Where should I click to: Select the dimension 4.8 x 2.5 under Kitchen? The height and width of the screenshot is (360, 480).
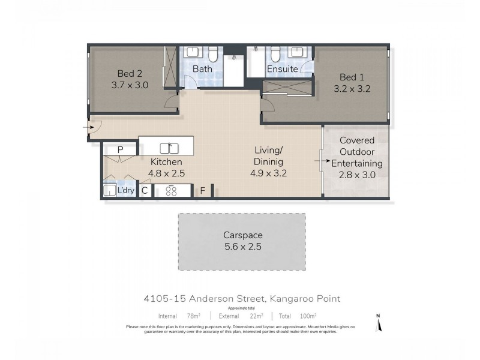166,173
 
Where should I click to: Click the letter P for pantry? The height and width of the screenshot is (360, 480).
120,149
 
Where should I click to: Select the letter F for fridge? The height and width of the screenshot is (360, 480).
203,191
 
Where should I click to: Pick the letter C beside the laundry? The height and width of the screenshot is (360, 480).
145,191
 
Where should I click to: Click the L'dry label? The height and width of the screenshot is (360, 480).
126,191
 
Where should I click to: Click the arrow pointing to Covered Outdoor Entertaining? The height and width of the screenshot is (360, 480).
318,161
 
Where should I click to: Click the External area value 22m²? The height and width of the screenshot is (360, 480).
257,316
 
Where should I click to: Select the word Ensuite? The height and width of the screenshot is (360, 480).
283,69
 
